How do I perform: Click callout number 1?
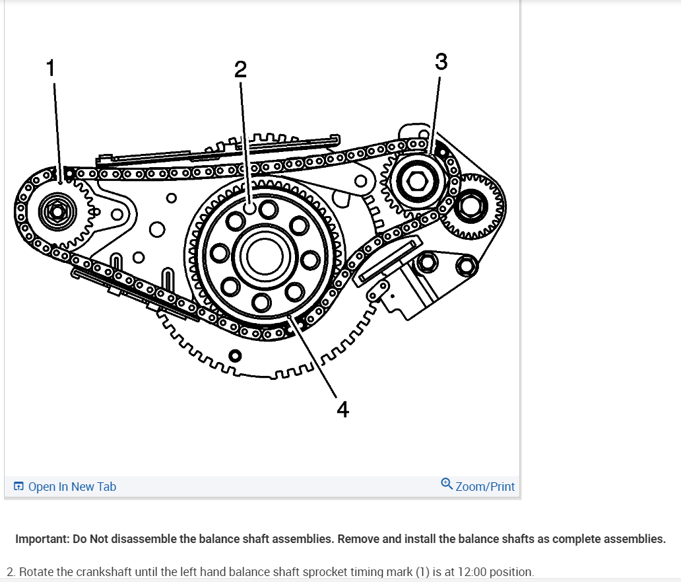tap(50, 67)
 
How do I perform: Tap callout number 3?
tap(441, 61)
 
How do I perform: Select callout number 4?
tap(342, 410)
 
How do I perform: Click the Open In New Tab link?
tap(72, 487)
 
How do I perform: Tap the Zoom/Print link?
tap(485, 487)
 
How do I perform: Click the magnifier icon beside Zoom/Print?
tap(447, 485)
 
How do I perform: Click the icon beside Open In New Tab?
tap(18, 487)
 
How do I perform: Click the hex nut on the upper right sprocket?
tap(417, 180)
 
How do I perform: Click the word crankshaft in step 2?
tap(100, 571)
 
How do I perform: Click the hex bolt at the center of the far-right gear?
tap(471, 207)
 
